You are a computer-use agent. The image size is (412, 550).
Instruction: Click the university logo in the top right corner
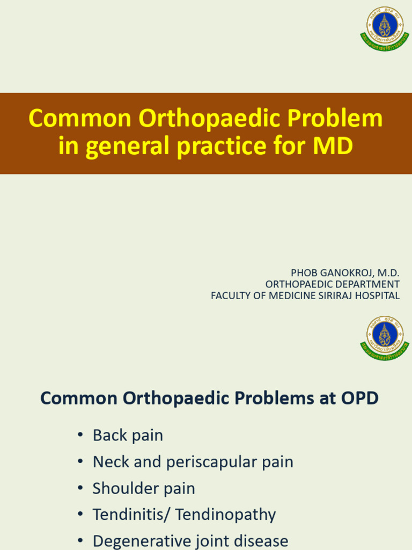385,30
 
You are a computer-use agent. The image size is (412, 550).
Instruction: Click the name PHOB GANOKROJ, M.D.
345,273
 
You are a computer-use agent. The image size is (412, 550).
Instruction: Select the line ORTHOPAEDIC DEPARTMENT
332,284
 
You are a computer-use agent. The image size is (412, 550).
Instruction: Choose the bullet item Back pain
128,435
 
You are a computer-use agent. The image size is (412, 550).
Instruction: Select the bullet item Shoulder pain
144,488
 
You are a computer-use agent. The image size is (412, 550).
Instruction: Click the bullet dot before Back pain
80,436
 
